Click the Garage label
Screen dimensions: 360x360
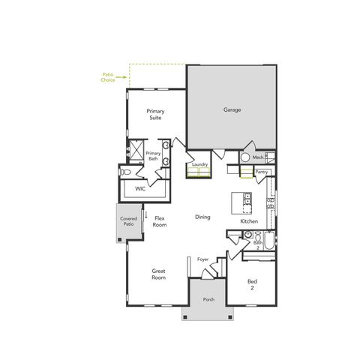pos(232,109)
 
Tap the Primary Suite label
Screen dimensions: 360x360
pos(155,114)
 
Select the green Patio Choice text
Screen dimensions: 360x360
pos(108,76)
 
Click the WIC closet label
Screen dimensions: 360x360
pos(140,189)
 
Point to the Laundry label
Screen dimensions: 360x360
pos(199,164)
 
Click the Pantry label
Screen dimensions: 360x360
pos(261,172)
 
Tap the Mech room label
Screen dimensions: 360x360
pos(257,157)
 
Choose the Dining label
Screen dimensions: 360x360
pos(202,217)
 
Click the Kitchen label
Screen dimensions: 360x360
pos(249,222)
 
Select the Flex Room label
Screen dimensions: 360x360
pos(160,221)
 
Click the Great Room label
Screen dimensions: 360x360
pos(158,274)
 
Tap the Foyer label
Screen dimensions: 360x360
pos(202,259)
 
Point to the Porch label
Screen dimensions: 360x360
pos(208,300)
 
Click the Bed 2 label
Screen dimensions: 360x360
pos(252,284)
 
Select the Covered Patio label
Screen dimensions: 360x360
pos(128,222)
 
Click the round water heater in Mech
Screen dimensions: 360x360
pos(244,158)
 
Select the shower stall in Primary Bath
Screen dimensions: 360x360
pos(136,151)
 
